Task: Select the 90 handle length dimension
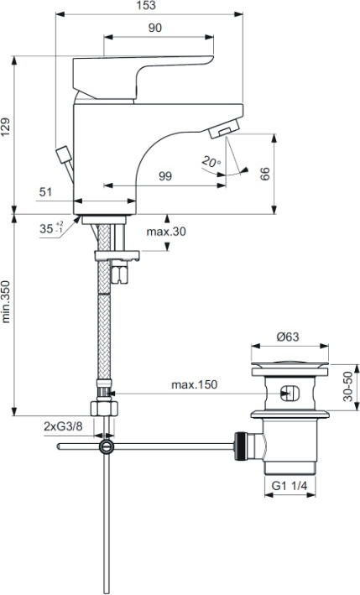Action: coord(154,28)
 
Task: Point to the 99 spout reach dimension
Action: coord(165,176)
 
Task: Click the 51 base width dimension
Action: coord(45,192)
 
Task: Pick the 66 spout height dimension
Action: coord(265,174)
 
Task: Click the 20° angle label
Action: coord(211,162)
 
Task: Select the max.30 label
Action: coord(166,231)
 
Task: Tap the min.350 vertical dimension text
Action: coord(6,302)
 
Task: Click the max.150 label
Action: coord(194,384)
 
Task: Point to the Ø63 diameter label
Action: coord(288,337)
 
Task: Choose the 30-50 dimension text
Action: coord(347,387)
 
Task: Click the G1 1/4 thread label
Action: coord(290,486)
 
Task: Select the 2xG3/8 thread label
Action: coord(63,426)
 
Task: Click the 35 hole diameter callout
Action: coord(51,229)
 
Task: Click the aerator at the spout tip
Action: coord(224,128)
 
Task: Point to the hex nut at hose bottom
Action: coord(104,409)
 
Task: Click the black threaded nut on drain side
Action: coord(240,446)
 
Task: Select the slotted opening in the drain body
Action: coord(290,394)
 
